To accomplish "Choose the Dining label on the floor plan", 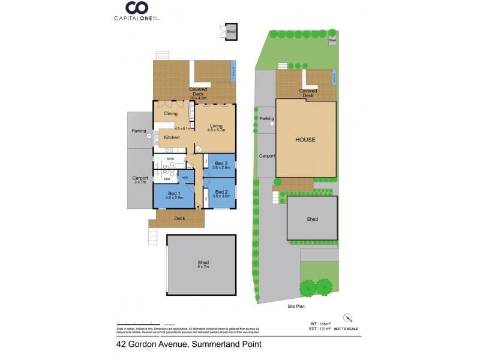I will (x=171, y=113).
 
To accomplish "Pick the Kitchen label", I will (x=172, y=138).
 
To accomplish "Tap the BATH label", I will (x=170, y=159).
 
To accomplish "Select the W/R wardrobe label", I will (x=185, y=178).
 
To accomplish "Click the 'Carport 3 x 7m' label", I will (x=140, y=179).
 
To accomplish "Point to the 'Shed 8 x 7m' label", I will (x=203, y=265).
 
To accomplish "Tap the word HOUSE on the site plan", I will (x=305, y=140).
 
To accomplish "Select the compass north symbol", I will (x=346, y=317).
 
